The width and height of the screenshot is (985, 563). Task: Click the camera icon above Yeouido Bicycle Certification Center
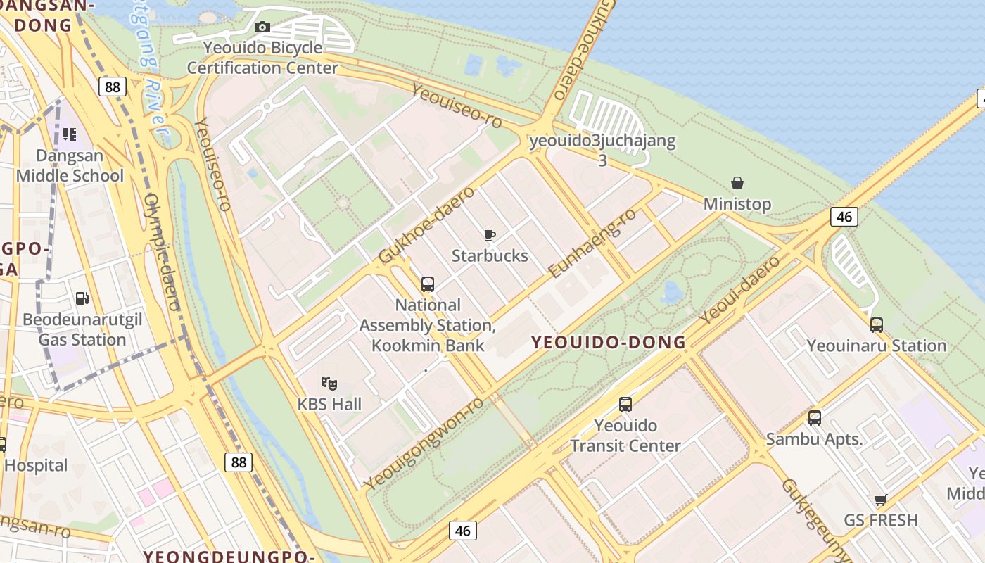coord(262,27)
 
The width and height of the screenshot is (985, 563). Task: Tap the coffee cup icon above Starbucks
coord(490,235)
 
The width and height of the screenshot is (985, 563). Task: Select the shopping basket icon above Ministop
coord(737,184)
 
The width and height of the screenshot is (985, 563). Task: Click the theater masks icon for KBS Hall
coord(329,384)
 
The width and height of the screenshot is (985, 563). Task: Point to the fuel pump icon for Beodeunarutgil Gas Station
coord(82,299)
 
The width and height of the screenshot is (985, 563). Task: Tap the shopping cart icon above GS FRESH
coord(880,500)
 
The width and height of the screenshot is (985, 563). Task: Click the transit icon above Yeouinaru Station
coord(876,324)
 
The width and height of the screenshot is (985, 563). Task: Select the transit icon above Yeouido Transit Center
coord(625,405)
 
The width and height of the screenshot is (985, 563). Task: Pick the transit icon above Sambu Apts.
coord(814,418)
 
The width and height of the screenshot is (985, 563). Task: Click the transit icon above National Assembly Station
coord(427,284)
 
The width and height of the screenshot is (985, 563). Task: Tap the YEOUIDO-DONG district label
coord(609,343)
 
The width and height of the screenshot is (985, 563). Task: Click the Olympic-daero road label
coord(163,253)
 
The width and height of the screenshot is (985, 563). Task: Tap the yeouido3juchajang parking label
coord(602,141)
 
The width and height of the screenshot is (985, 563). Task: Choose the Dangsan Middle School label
coord(70,166)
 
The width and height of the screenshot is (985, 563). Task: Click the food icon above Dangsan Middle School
coord(69,134)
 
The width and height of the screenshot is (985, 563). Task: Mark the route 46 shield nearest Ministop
coord(844,217)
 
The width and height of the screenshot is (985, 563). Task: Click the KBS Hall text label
coord(329,404)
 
